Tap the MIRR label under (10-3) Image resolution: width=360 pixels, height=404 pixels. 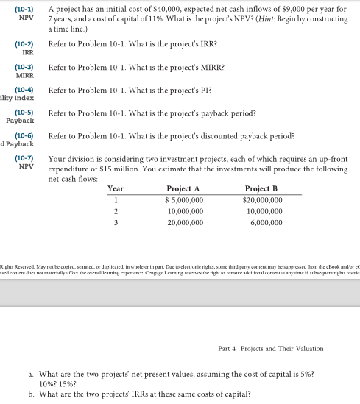(x=26, y=76)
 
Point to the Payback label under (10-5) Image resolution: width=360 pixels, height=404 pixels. (x=21, y=121)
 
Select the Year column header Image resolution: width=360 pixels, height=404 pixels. (x=116, y=188)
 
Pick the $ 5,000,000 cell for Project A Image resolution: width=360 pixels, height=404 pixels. (x=183, y=199)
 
